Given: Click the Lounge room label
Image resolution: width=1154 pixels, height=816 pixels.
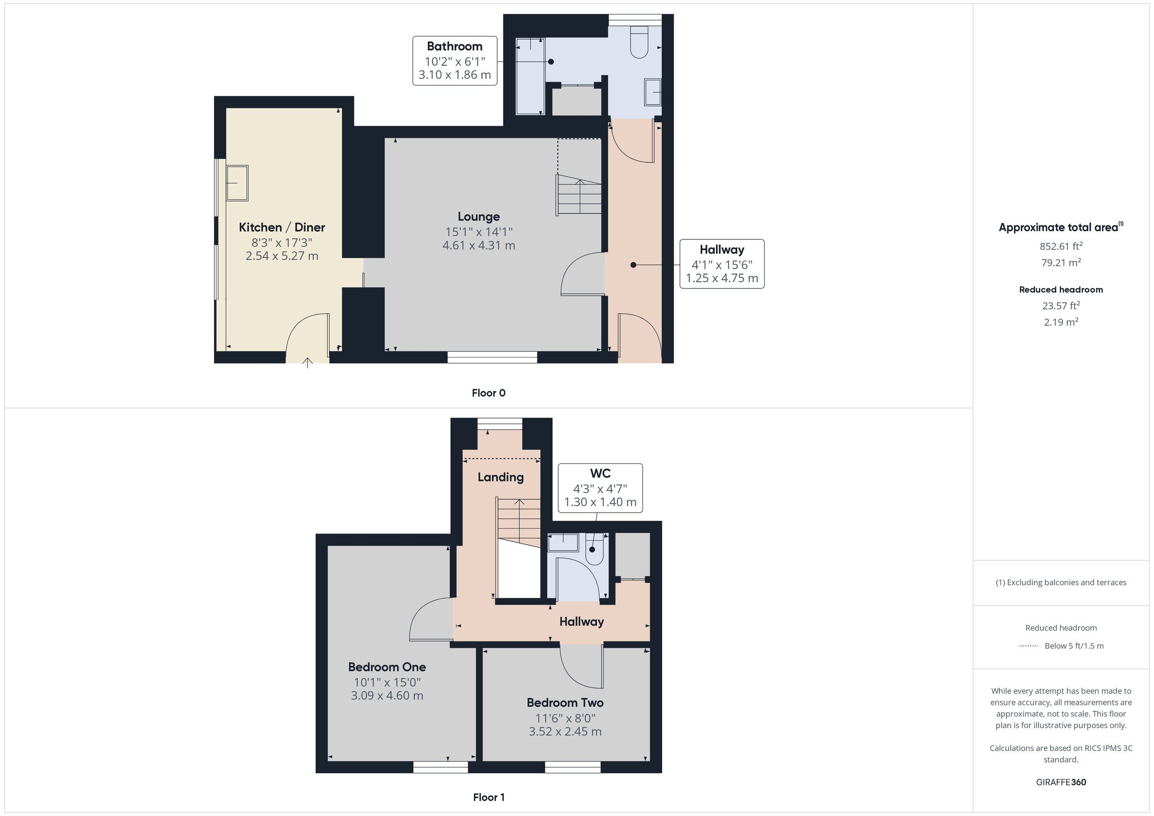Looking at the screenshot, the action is click(478, 217).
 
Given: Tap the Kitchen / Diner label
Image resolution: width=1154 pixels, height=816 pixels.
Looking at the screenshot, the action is click(281, 227).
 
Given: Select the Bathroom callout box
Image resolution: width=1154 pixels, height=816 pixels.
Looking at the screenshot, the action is click(455, 61).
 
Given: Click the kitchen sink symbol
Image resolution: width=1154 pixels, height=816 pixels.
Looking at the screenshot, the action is click(237, 184).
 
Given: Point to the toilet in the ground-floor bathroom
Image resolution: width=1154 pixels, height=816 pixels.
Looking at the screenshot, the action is click(639, 42).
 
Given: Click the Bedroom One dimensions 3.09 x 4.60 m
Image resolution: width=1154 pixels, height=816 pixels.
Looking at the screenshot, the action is click(387, 695).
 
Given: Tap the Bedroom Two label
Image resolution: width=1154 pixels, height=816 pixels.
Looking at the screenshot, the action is click(565, 703).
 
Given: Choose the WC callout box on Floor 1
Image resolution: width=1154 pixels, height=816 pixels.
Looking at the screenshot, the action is click(600, 488).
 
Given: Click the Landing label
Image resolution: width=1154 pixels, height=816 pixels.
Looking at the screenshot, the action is click(501, 477).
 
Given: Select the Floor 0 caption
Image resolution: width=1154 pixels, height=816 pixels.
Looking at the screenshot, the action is click(489, 393).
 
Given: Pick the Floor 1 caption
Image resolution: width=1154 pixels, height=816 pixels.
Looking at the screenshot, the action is click(489, 797).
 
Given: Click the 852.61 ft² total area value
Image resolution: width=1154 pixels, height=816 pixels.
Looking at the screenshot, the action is click(1061, 246).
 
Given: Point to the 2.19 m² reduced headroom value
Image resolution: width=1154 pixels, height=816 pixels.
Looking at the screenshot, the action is click(1061, 322).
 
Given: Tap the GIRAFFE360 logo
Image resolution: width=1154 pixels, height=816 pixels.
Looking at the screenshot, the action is click(1061, 782).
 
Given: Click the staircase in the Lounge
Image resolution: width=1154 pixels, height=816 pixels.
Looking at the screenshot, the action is click(579, 195).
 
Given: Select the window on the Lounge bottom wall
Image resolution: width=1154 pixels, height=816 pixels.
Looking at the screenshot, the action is click(492, 357).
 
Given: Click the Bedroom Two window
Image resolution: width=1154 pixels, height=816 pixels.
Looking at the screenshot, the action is click(573, 767).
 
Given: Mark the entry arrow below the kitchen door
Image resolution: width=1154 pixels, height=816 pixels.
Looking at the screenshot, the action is click(307, 363).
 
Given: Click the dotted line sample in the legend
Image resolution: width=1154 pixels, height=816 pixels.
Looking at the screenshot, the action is click(1028, 646).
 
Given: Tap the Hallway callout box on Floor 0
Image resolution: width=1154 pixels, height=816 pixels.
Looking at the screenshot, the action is click(722, 264).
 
